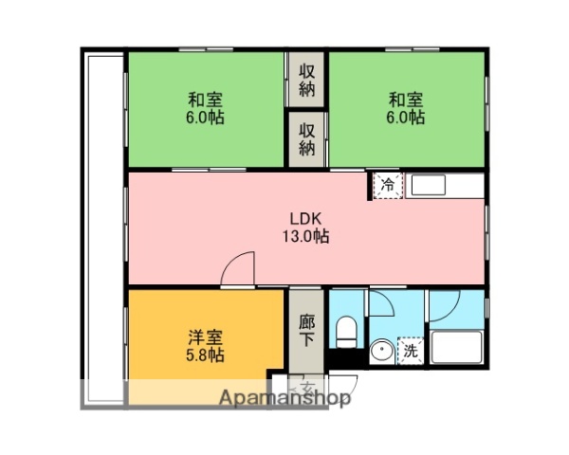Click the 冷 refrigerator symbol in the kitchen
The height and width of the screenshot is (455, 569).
(387, 185)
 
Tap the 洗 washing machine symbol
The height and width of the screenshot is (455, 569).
(411, 350)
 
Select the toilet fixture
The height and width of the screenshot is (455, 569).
(346, 333)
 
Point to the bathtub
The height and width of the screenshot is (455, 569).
(457, 349)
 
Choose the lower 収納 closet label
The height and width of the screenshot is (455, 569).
(307, 138)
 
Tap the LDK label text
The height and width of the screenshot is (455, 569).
(305, 216)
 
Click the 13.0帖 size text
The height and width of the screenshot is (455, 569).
(305, 237)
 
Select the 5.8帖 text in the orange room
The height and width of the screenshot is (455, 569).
(206, 356)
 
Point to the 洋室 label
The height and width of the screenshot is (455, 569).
(206, 336)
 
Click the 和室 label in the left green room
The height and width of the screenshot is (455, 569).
(206, 99)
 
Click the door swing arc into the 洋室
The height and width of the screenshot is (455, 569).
(241, 268)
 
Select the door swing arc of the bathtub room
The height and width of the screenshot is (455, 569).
(446, 305)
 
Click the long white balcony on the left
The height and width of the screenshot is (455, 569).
(102, 227)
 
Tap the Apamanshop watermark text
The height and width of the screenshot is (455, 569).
(284, 398)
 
